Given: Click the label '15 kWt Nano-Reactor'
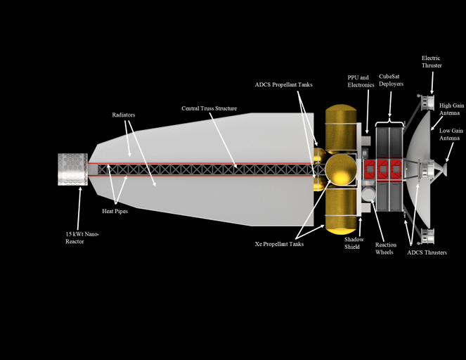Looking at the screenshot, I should [83, 238].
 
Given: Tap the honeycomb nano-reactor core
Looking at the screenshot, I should [71, 169].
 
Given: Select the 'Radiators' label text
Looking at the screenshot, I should [124, 114].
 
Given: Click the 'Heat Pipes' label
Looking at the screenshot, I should [115, 211].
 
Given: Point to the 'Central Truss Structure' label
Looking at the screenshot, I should [209, 109].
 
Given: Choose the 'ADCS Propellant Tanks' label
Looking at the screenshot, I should [283, 84].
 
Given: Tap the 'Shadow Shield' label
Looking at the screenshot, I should [354, 243].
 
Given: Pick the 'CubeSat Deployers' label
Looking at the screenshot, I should [391, 81].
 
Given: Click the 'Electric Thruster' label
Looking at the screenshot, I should [432, 62].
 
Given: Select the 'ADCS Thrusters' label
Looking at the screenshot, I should [427, 252].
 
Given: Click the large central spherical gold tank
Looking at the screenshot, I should [340, 170].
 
